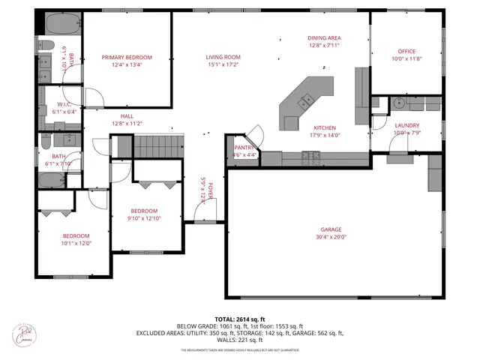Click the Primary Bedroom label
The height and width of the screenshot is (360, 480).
point(127,58)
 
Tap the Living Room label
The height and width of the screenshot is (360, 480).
point(223,58)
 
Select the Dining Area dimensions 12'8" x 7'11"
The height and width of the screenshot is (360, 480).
point(325,46)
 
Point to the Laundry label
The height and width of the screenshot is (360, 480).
point(407,126)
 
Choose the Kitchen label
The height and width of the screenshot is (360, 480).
point(325,128)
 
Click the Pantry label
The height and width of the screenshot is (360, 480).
point(245,148)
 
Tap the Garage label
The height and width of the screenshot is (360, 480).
point(331,229)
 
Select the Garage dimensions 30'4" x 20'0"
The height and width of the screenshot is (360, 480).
point(331,237)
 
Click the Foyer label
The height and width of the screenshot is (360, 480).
point(211,189)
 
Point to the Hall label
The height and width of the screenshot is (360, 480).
point(127,116)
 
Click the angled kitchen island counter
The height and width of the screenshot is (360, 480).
point(300,101)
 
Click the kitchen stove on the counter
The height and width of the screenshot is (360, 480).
point(310,157)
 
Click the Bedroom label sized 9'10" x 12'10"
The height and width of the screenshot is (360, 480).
point(145,211)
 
